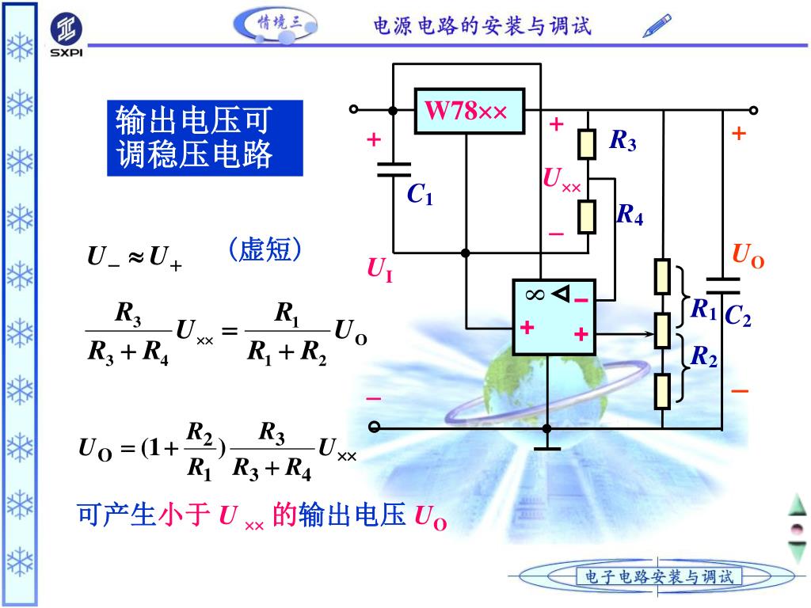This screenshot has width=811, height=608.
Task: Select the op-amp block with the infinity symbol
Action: [554, 317]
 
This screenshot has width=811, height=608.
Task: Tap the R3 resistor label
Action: [623, 142]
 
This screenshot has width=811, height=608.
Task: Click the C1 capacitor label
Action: [420, 195]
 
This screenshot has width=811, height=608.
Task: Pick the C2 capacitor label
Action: [737, 317]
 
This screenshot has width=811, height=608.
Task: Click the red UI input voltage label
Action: [379, 269]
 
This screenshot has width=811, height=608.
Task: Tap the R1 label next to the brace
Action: [703, 309]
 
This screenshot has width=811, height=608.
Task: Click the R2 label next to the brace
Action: [703, 357]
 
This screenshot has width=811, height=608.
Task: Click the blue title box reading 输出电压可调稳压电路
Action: [205, 138]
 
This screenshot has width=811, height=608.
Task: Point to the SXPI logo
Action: [67, 36]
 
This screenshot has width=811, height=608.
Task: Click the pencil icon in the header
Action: [657, 25]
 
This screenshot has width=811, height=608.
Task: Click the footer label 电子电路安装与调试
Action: [659, 576]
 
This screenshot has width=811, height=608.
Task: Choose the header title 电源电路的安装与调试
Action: [482, 26]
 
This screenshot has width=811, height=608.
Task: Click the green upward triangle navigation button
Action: [797, 504]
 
